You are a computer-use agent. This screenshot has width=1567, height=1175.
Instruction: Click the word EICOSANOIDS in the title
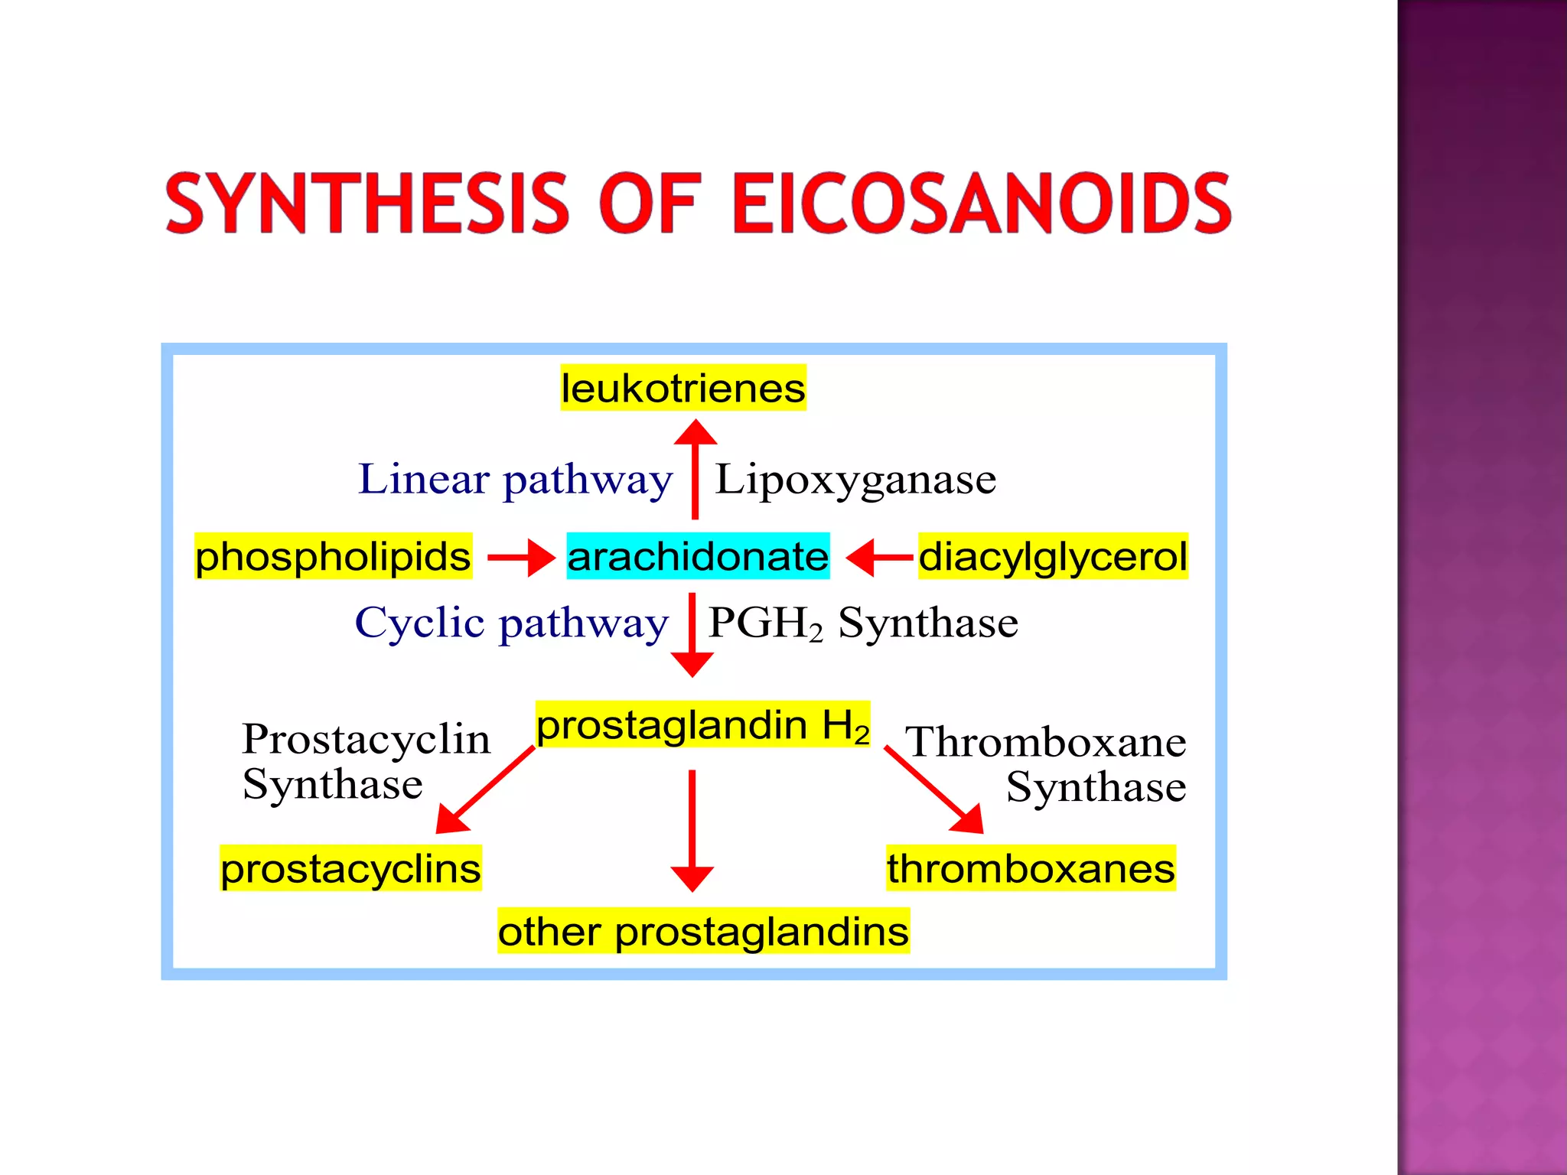coord(982,203)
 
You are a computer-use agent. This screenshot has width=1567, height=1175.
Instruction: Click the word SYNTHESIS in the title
coord(367,203)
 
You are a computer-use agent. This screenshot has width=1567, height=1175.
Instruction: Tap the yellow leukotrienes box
coord(683,388)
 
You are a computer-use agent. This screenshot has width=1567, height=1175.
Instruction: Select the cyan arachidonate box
coord(698,556)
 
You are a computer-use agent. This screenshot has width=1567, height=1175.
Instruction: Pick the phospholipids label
coord(333,556)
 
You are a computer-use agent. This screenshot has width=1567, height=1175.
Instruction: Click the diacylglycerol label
coord(1053,556)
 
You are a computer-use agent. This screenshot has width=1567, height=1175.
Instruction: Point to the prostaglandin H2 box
coord(702,724)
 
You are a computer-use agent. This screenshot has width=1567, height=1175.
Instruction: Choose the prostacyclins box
coord(350,868)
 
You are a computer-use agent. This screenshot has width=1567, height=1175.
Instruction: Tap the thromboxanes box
coord(1031,868)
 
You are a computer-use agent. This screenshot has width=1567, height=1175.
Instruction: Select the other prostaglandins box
coord(703,931)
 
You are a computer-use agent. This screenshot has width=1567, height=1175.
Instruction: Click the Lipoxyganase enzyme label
coord(855,480)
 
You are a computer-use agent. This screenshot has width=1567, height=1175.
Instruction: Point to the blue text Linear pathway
coord(515,480)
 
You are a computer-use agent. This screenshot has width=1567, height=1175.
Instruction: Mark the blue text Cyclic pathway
coord(511,623)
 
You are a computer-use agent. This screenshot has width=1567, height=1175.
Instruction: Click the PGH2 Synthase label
coord(863,623)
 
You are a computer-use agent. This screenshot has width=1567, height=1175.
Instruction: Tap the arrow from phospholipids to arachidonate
coord(520,557)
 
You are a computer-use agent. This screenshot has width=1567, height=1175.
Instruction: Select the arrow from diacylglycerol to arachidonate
coord(880,557)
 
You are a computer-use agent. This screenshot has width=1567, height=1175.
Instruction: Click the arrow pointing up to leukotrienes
coord(695,470)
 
